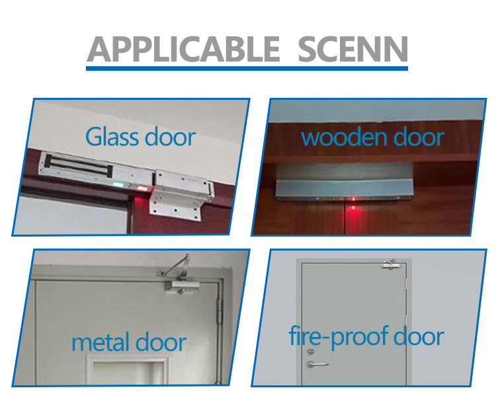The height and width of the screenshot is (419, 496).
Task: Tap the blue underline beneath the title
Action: (x=247, y=67)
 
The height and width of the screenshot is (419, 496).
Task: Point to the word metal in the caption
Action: (x=100, y=342)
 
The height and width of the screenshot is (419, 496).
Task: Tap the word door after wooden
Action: (x=418, y=137)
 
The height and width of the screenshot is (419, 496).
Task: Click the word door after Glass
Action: (x=169, y=137)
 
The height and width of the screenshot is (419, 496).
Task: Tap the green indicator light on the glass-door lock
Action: (x=118, y=184)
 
